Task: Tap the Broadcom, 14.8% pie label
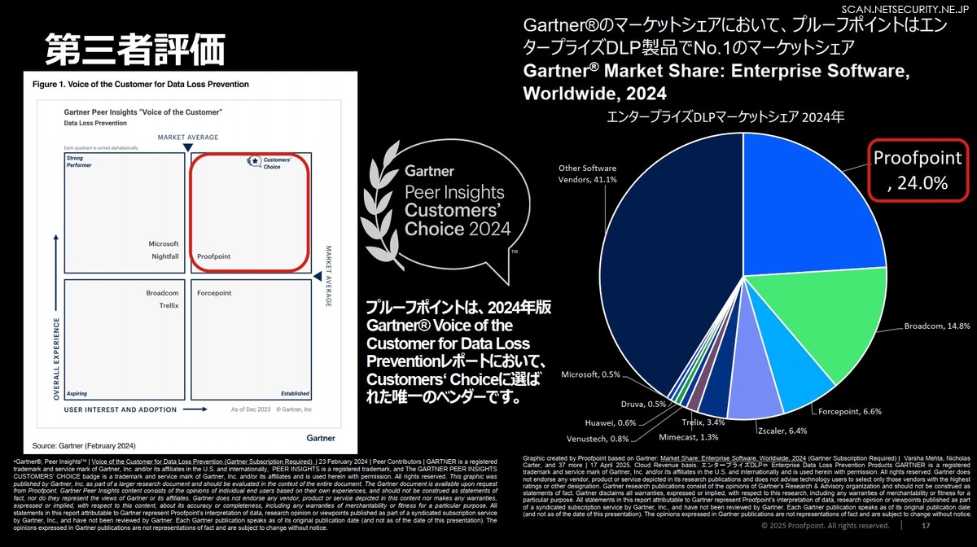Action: pyautogui.click(x=936, y=326)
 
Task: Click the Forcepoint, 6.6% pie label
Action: pyautogui.click(x=849, y=388)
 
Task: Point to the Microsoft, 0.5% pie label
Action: pyautogui.click(x=590, y=374)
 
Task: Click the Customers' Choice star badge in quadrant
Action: pyautogui.click(x=256, y=161)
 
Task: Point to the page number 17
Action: pyautogui.click(x=925, y=527)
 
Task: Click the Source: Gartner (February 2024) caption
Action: pyautogui.click(x=84, y=445)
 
